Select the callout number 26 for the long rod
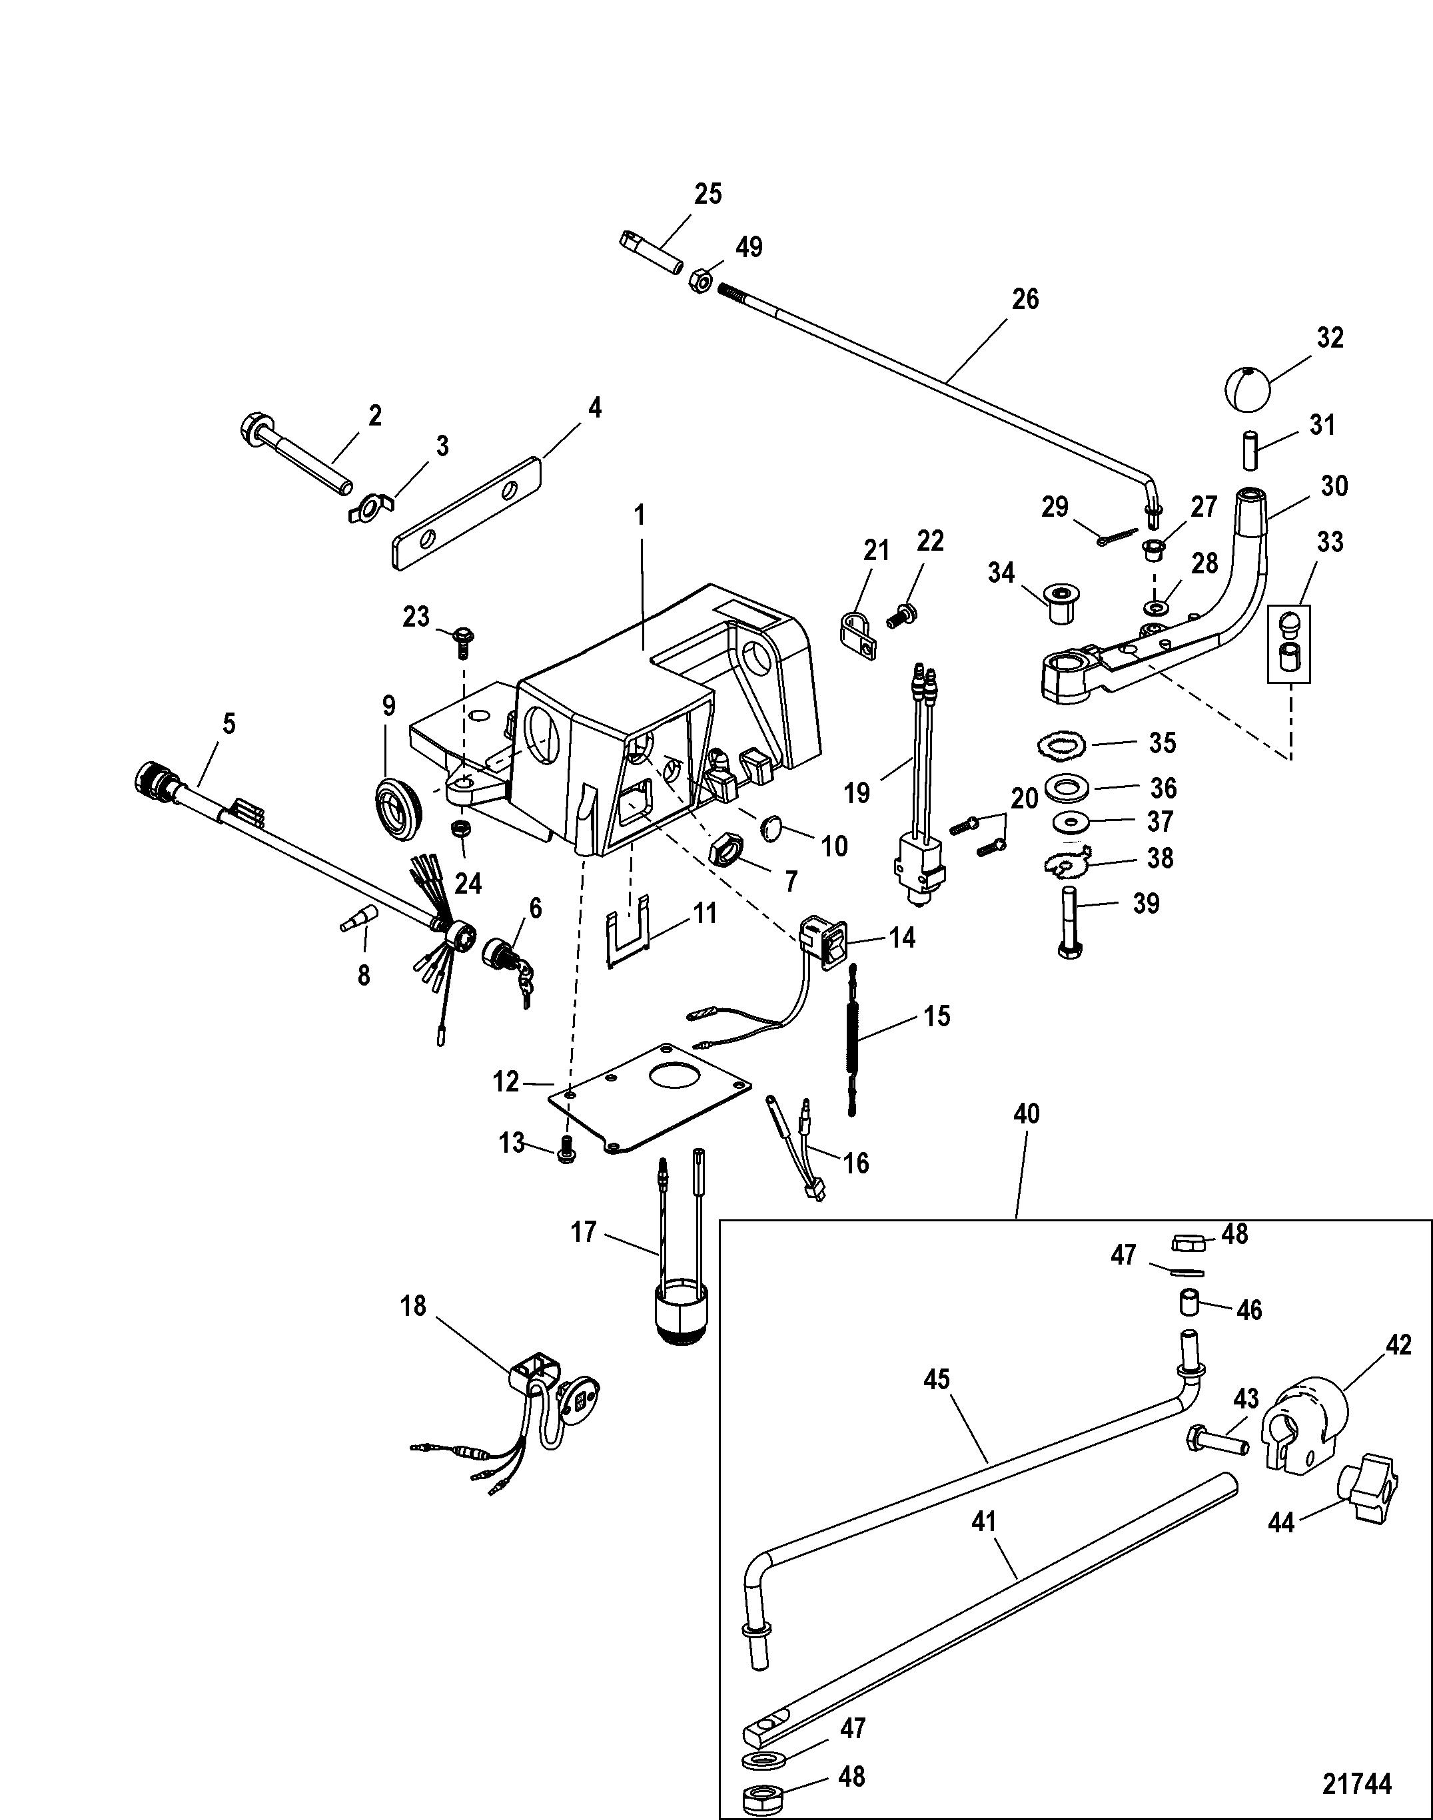[1025, 300]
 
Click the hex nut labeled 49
[702, 281]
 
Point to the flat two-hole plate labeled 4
[466, 513]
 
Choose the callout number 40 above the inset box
[1026, 1114]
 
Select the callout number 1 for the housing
[640, 515]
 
